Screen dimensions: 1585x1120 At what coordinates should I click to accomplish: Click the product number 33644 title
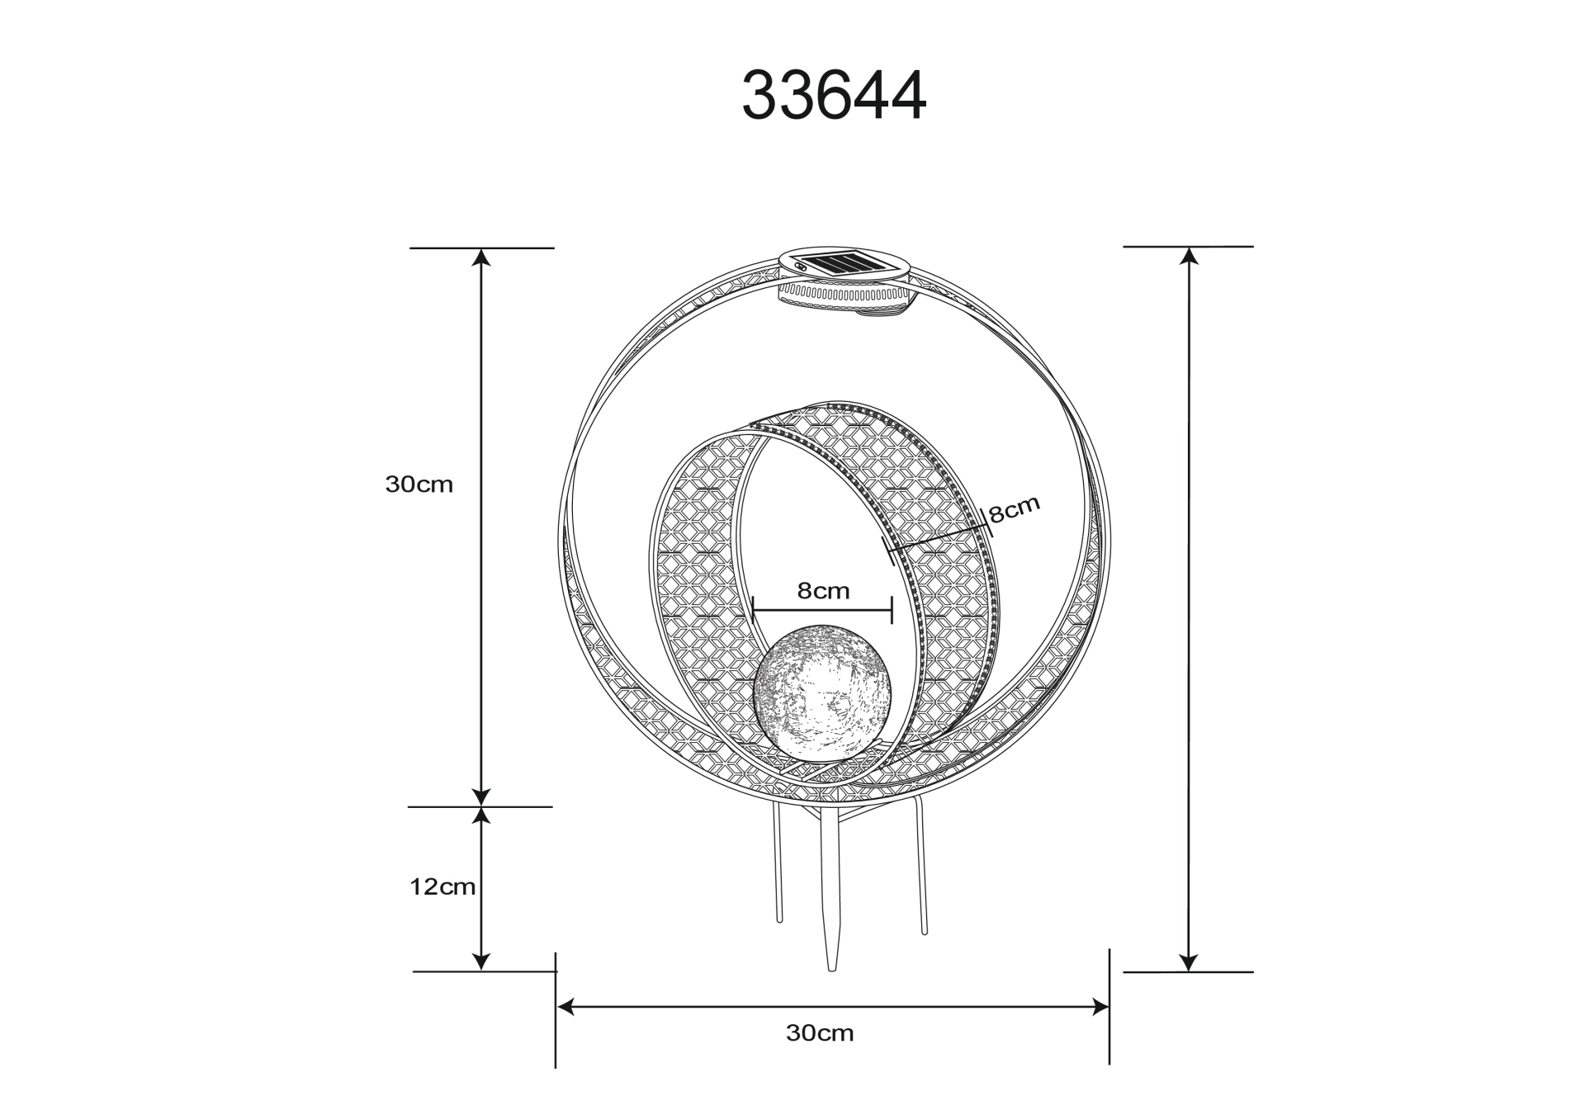point(834,96)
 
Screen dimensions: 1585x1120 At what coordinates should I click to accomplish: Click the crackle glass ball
point(822,692)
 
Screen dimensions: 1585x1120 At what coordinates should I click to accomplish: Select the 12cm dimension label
point(442,887)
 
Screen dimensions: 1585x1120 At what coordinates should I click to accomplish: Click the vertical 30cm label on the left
point(419,484)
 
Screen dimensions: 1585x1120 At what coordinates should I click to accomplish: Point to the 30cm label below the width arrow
point(820,1033)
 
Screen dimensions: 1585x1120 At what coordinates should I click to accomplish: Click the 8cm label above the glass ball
point(823,591)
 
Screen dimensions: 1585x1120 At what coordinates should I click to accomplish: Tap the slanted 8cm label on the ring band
point(1015,509)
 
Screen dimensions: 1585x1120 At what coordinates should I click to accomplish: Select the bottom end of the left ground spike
point(778,921)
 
